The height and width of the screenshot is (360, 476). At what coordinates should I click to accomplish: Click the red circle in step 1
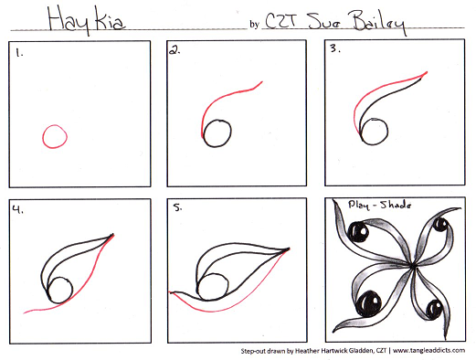[54, 137]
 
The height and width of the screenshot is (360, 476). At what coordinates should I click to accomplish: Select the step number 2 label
[173, 53]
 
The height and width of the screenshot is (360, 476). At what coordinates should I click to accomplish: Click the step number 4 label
[17, 209]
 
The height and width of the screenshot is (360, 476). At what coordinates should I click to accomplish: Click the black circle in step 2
[217, 134]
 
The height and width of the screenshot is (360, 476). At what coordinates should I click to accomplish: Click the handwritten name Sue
[320, 19]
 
